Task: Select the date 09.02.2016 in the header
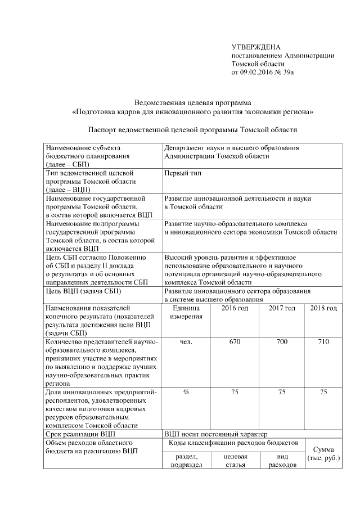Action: (257, 73)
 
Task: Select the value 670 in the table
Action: (235, 341)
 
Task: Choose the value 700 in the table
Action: (282, 341)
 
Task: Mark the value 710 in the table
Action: (323, 341)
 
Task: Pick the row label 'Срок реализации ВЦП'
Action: (81, 434)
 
